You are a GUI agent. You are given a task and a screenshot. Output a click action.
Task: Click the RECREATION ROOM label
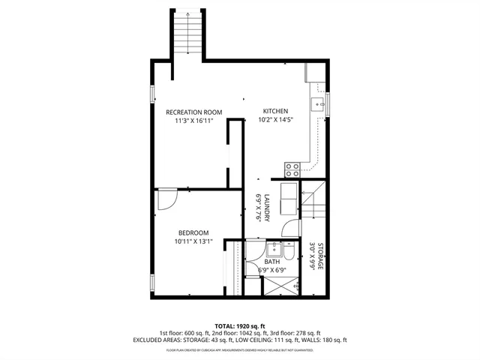tap(194, 112)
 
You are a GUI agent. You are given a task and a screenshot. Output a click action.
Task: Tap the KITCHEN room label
tap(275, 110)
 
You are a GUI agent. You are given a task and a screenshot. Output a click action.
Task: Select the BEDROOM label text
tap(193, 232)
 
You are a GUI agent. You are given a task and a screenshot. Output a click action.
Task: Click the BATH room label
tap(282, 262)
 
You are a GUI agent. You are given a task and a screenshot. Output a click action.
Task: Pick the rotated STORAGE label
tap(319, 256)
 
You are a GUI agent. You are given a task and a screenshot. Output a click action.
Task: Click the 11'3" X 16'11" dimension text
tap(194, 120)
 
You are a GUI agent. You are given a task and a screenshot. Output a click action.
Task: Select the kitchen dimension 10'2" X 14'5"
tap(275, 118)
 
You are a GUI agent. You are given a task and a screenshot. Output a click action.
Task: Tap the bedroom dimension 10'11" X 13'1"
tap(193, 241)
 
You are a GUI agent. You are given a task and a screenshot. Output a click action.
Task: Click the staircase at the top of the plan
tap(188, 34)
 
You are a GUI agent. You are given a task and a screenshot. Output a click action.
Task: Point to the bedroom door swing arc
tap(166, 198)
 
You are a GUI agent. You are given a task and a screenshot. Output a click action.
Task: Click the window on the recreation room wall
tap(153, 94)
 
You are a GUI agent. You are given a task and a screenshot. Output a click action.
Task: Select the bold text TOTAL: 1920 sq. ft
tap(239, 325)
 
